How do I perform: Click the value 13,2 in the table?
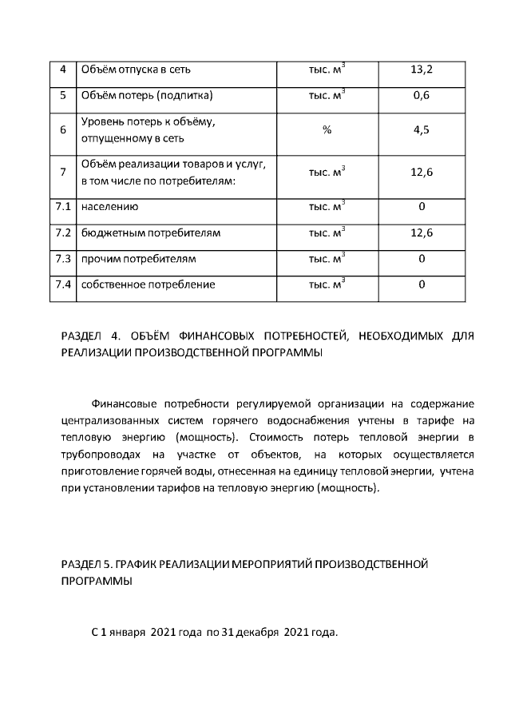421,70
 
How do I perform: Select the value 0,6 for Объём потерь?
421,96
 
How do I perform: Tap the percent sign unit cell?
327,131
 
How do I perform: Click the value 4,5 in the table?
421,131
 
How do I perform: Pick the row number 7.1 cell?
63,208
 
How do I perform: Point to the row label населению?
110,208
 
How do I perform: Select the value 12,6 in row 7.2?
421,233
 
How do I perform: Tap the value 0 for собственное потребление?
421,284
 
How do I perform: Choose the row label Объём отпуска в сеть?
136,70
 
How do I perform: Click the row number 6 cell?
63,131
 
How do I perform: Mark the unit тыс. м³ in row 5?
327,96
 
